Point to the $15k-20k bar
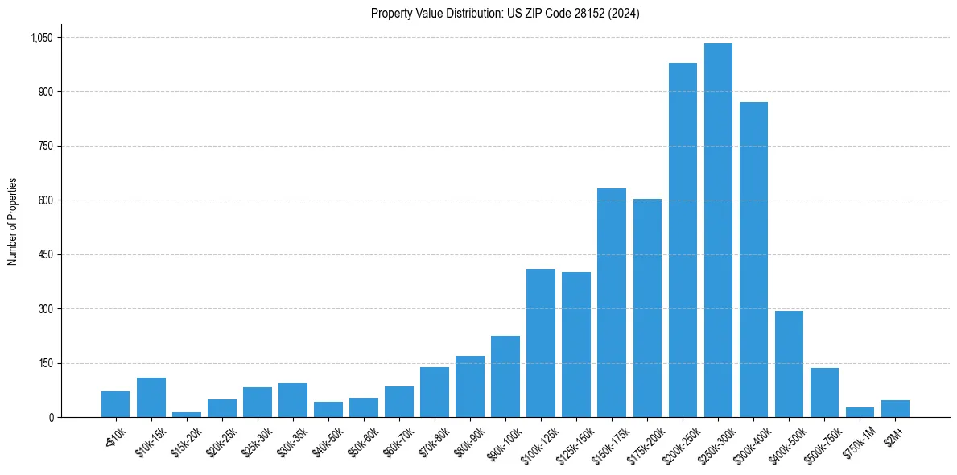click(x=187, y=415)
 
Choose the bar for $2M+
click(x=895, y=409)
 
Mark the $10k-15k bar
click(x=151, y=398)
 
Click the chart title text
click(x=505, y=14)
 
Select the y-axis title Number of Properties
click(x=13, y=221)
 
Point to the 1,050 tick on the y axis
click(x=41, y=38)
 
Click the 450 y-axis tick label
click(x=45, y=254)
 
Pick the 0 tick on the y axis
click(x=51, y=417)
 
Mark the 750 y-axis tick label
click(x=45, y=146)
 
